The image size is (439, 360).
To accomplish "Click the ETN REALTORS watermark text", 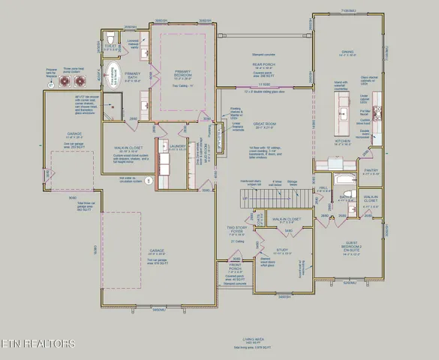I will tap(38, 344).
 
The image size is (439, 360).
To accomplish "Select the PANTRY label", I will tap(371, 171).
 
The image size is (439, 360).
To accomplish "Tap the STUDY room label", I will tap(282, 251).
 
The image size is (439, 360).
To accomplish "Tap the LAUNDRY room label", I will tap(177, 146).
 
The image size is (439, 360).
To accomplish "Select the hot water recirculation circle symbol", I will tap(149, 181).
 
